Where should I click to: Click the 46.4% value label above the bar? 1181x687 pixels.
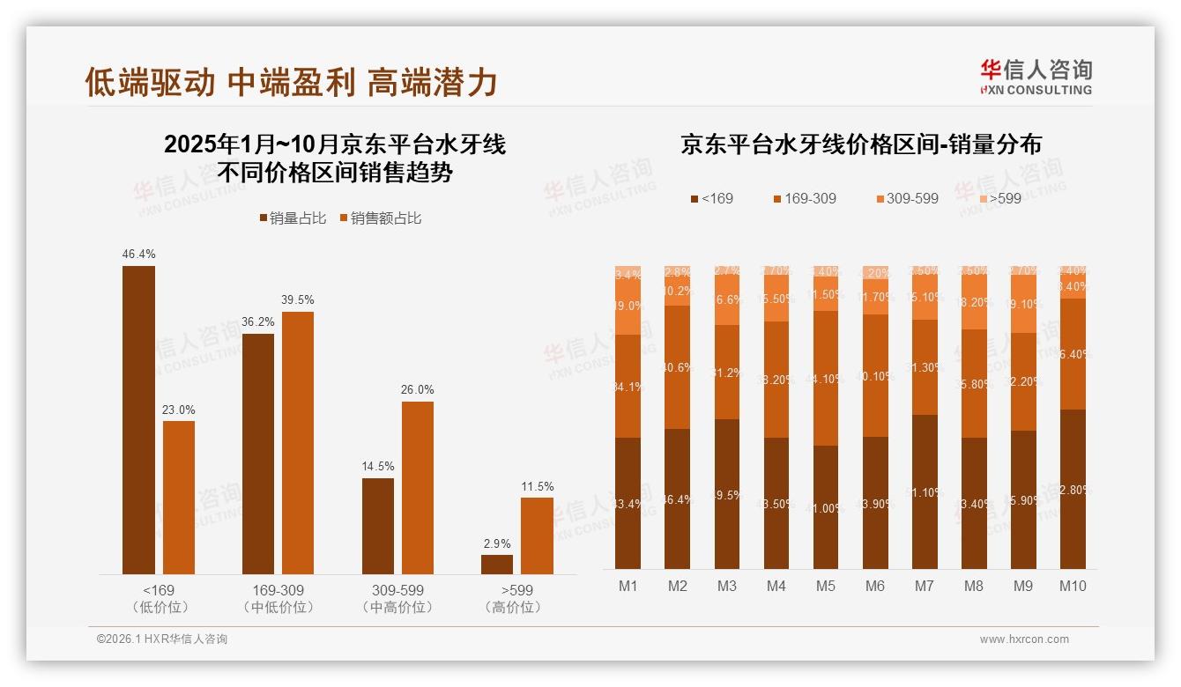(x=138, y=255)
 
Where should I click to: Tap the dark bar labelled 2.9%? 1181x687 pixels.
(x=497, y=565)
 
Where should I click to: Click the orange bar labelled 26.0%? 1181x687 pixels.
(x=418, y=488)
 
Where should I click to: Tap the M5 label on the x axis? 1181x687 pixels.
(x=825, y=586)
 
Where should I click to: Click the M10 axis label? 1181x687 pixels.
(x=1073, y=586)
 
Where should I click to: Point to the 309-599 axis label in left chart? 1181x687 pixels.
(x=398, y=590)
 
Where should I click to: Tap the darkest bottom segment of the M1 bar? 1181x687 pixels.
(x=628, y=503)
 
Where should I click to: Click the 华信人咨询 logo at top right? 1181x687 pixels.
(x=1036, y=77)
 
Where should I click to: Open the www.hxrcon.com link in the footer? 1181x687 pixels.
(x=1024, y=639)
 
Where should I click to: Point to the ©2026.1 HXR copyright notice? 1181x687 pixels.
(x=162, y=639)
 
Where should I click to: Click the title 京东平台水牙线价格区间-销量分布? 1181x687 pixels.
(x=860, y=145)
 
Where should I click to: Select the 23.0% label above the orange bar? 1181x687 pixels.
(x=179, y=410)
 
